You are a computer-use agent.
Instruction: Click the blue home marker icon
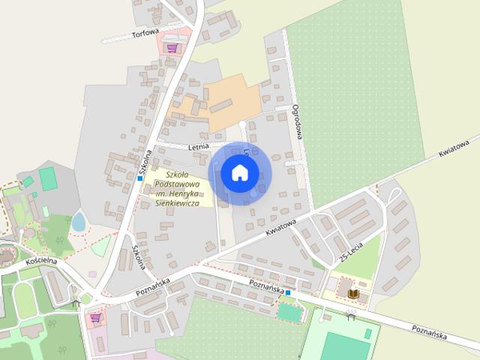pyautogui.click(x=239, y=172)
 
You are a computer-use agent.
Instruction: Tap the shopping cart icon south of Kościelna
pyautogui.click(x=96, y=317)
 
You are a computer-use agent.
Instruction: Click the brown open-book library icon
pyautogui.click(x=353, y=294)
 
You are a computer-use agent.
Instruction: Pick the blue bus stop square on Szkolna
pyautogui.click(x=140, y=178)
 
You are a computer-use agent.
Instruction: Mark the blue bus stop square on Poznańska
pyautogui.click(x=288, y=292)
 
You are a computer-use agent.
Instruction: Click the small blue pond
pyautogui.click(x=79, y=221)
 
